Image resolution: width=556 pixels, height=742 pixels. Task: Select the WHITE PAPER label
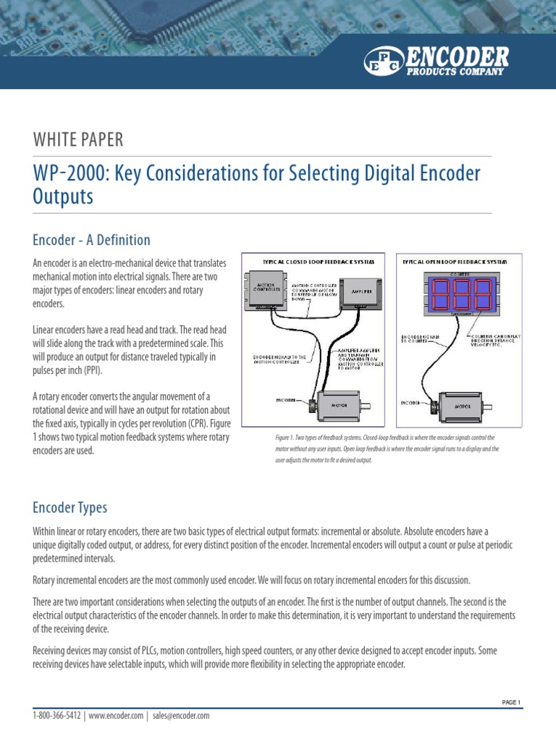77,140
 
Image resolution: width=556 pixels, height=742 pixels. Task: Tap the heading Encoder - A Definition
91,240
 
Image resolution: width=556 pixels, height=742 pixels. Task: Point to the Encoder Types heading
69,507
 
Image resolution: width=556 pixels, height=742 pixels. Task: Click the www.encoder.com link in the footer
116,716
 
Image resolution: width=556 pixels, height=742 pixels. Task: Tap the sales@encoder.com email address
180,716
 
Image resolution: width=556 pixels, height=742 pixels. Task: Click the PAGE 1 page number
511,702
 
